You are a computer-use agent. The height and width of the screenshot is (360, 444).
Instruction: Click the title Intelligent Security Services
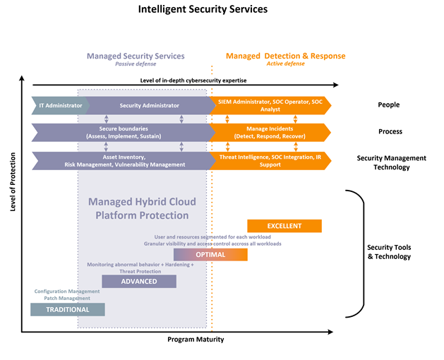pos(203,11)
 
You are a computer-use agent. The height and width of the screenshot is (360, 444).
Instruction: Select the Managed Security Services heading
pos(136,56)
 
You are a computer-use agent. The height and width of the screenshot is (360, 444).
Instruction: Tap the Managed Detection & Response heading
pos(285,56)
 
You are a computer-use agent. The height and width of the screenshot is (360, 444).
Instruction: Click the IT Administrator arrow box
pos(60,105)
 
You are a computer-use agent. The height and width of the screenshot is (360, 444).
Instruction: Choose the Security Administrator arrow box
pos(150,105)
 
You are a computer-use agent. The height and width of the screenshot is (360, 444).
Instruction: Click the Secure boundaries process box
pos(121,133)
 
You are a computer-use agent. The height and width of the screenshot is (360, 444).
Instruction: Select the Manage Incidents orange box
pos(270,133)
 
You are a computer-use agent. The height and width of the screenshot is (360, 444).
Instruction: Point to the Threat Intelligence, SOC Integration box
pos(270,160)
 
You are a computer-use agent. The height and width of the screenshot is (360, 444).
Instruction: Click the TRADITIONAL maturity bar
pos(68,309)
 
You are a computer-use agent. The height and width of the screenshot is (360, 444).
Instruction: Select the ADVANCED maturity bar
pos(139,281)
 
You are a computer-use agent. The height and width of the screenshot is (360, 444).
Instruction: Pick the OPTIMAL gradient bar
pos(210,254)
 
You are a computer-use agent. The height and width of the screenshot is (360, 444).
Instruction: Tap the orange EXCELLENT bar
pos(284,226)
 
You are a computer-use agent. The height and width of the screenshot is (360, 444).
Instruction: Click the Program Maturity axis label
pos(196,340)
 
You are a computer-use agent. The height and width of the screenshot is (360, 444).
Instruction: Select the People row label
pos(388,105)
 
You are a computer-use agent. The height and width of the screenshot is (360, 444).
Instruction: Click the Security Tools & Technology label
pos(389,252)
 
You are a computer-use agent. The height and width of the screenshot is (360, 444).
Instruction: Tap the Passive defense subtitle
pos(136,64)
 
